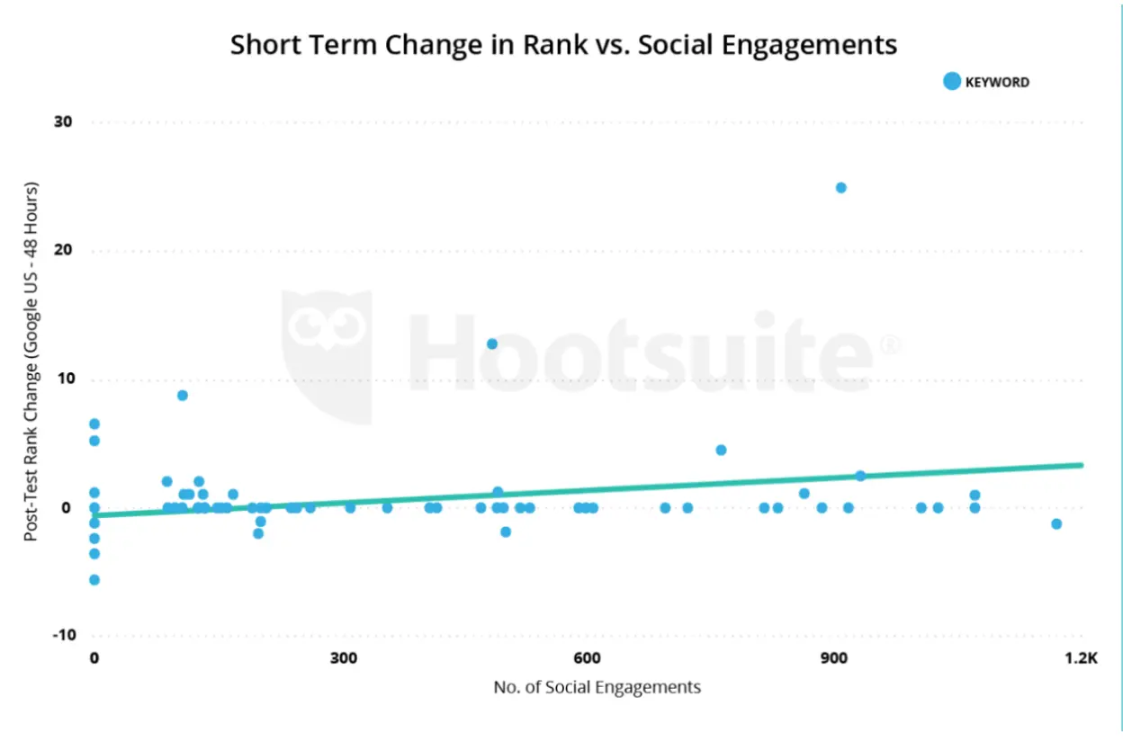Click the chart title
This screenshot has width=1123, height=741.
563,45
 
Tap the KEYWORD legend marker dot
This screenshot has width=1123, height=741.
952,82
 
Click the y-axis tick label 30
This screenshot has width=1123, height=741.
62,122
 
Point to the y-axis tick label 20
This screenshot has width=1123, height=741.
62,251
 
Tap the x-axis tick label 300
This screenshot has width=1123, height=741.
343,657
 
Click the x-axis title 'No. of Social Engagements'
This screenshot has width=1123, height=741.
597,688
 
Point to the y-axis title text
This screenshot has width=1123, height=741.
31,362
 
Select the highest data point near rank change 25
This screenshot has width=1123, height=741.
841,188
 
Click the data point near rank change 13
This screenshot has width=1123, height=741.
492,344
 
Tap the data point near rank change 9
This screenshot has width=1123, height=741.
183,396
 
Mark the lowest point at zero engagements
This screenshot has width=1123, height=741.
94,580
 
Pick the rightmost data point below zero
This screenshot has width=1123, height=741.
1056,524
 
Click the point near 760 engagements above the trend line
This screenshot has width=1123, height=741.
721,450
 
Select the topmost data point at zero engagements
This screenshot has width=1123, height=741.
94,424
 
